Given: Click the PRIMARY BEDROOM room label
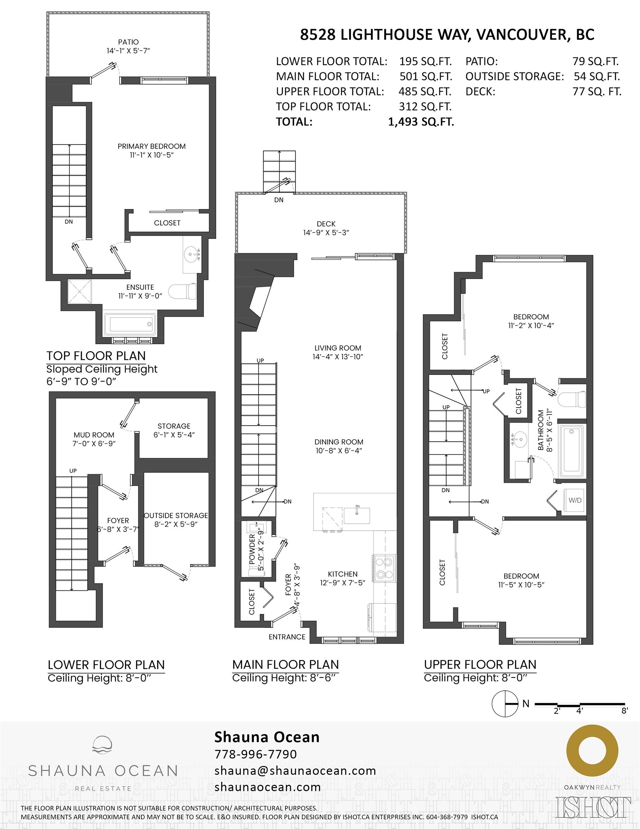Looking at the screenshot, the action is click(151, 146).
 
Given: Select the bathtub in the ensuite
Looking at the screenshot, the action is click(130, 324).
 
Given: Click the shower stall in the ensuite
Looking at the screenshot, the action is click(80, 291).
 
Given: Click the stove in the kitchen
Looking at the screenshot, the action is click(384, 568).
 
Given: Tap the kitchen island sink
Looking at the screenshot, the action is click(357, 516).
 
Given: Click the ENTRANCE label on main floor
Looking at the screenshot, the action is click(287, 637).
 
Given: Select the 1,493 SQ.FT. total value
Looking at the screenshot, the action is click(421, 122).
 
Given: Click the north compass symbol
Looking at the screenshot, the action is click(505, 703).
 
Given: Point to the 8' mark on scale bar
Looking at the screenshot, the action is click(625, 711).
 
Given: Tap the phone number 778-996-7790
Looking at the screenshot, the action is click(256, 754).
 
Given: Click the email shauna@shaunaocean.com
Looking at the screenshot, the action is click(295, 771).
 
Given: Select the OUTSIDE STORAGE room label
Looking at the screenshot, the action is click(176, 516).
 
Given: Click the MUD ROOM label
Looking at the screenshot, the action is click(94, 435).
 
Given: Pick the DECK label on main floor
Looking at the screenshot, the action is click(326, 224).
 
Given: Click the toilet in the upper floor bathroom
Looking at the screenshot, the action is click(572, 399).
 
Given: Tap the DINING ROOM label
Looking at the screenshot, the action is click(339, 442).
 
